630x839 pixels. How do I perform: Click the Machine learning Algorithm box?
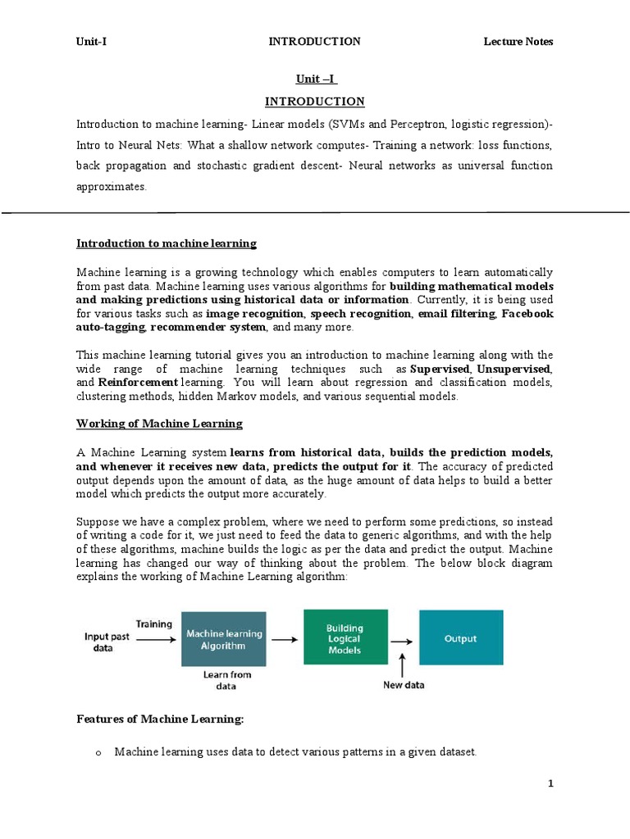tap(224, 639)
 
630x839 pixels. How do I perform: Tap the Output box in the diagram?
tap(460, 638)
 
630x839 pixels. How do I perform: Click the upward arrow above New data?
tap(403, 662)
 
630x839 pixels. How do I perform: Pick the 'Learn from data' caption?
tap(227, 680)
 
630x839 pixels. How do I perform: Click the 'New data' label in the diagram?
tap(404, 685)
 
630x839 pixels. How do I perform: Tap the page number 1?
tap(551, 783)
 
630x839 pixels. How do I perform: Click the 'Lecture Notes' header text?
tap(518, 42)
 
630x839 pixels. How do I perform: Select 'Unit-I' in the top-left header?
tap(91, 42)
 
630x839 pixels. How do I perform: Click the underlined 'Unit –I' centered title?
tap(316, 79)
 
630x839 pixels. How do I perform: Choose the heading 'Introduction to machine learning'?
tap(167, 243)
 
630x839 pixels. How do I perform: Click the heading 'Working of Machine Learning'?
tap(159, 424)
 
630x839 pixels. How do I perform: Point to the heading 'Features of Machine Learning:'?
tap(160, 719)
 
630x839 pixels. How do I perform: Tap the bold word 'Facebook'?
tap(527, 314)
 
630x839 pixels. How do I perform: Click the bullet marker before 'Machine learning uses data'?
tap(96, 752)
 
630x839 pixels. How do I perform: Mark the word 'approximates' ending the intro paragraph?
tap(111, 187)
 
